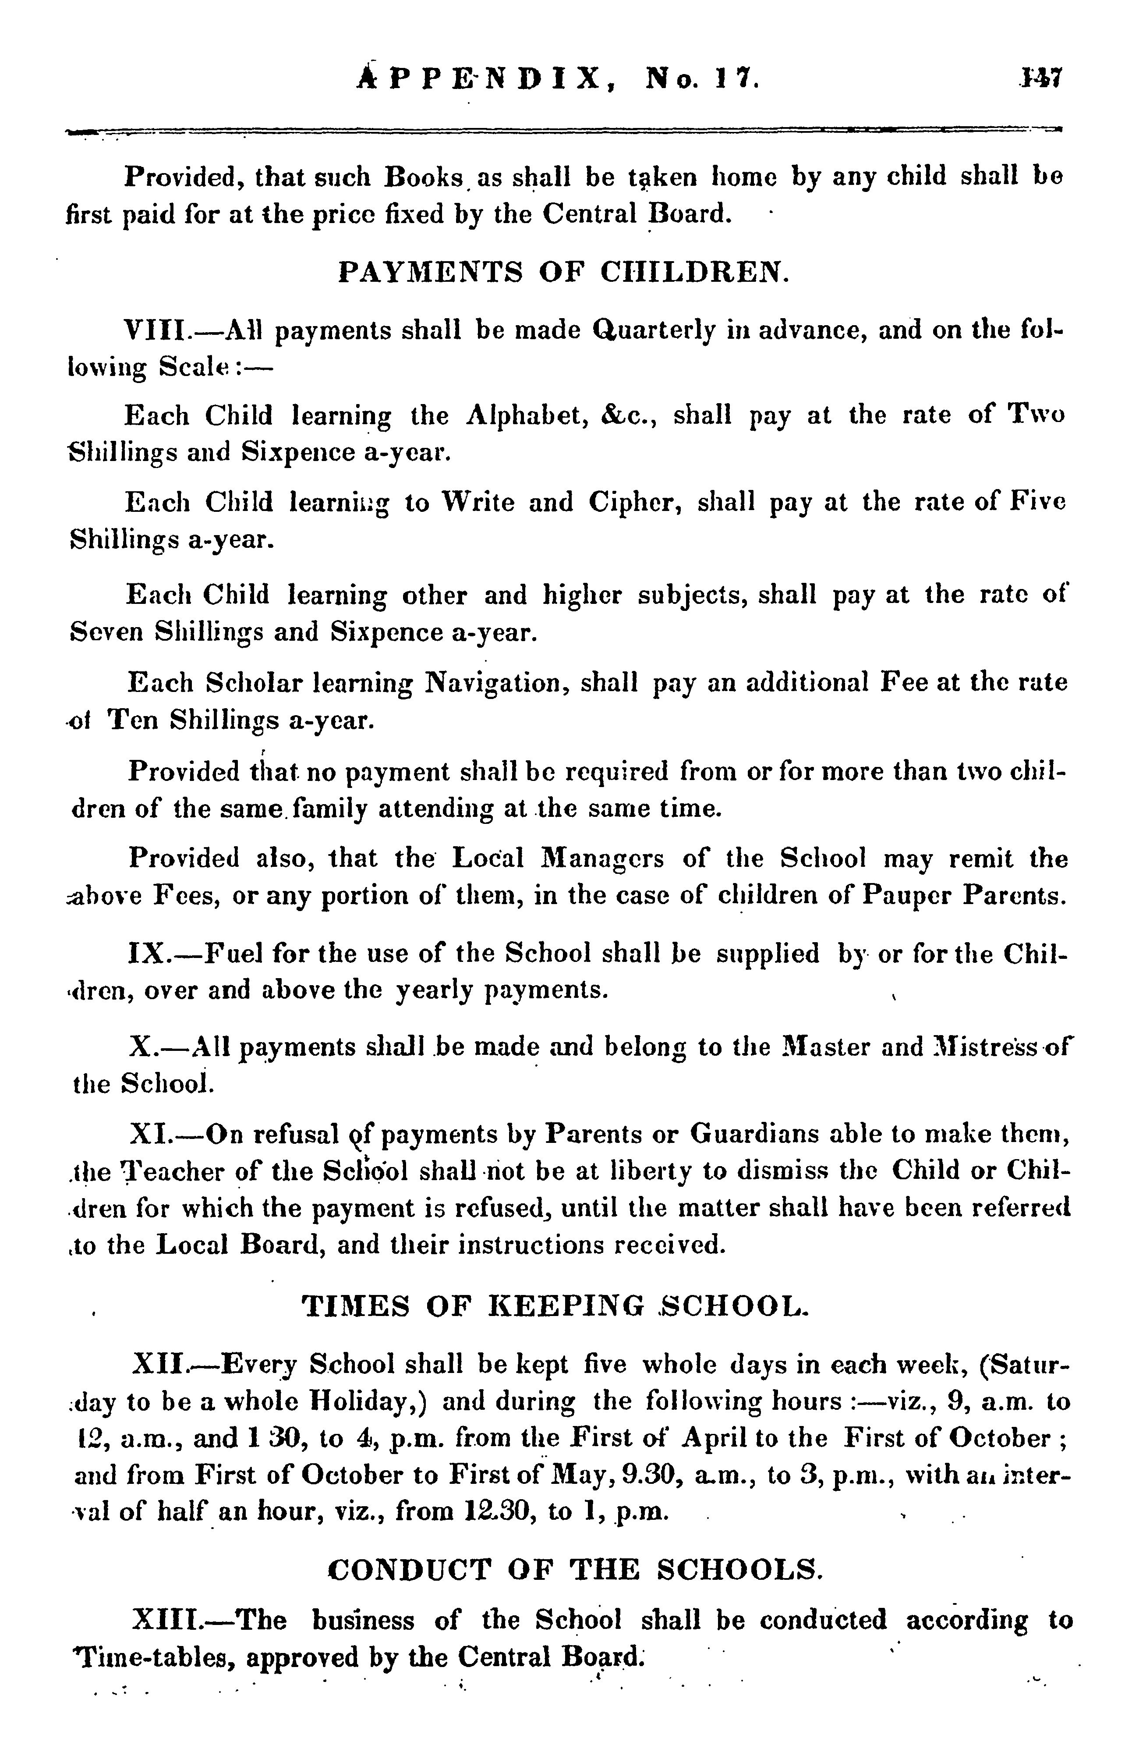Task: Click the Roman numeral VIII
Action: coord(156,330)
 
